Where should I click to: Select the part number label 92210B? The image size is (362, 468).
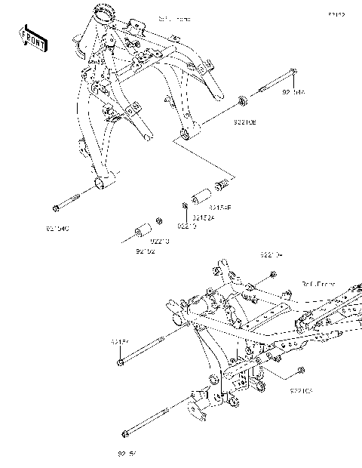244,120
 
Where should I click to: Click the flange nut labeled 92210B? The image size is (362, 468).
242,100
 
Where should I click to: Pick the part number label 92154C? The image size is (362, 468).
57,226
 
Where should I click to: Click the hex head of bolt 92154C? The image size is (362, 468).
55,208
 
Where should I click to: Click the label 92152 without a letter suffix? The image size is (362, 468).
145,251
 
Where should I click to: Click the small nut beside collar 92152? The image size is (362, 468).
158,222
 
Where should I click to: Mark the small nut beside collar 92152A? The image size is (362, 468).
183,205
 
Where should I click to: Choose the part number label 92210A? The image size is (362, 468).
271,255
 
